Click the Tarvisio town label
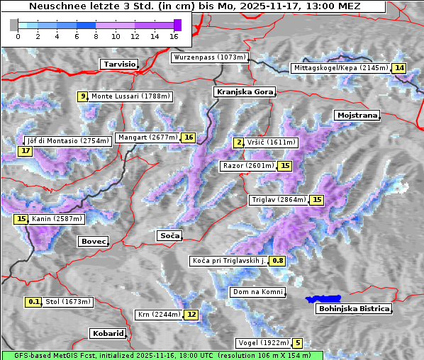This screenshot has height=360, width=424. pos(119,64)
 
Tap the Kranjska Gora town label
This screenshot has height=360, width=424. pos(244,92)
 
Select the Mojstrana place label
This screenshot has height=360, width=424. pos(357,115)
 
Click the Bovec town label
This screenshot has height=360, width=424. pos(93,241)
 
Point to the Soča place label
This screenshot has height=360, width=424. pos(169,235)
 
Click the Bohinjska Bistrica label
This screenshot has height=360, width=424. pos(354,308)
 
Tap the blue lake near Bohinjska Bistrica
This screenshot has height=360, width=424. pos(323,300)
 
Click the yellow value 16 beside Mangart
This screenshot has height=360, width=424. pos(188,137)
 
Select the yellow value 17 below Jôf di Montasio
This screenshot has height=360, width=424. pos(26,151)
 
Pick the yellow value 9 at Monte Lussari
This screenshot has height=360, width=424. pos(83,96)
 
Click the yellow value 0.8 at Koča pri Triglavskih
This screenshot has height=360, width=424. pos(278,261)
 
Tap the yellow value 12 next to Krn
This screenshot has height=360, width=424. pos(191,315)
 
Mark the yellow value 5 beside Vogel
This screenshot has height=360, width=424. pos(298,343)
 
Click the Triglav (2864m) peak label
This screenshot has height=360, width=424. pos(279,200)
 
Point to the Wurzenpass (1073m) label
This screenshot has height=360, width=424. pos(210,57)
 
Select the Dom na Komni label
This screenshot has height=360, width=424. pos(258,292)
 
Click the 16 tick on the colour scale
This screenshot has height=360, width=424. pos(174,35)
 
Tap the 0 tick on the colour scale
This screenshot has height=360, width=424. pos(17,35)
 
